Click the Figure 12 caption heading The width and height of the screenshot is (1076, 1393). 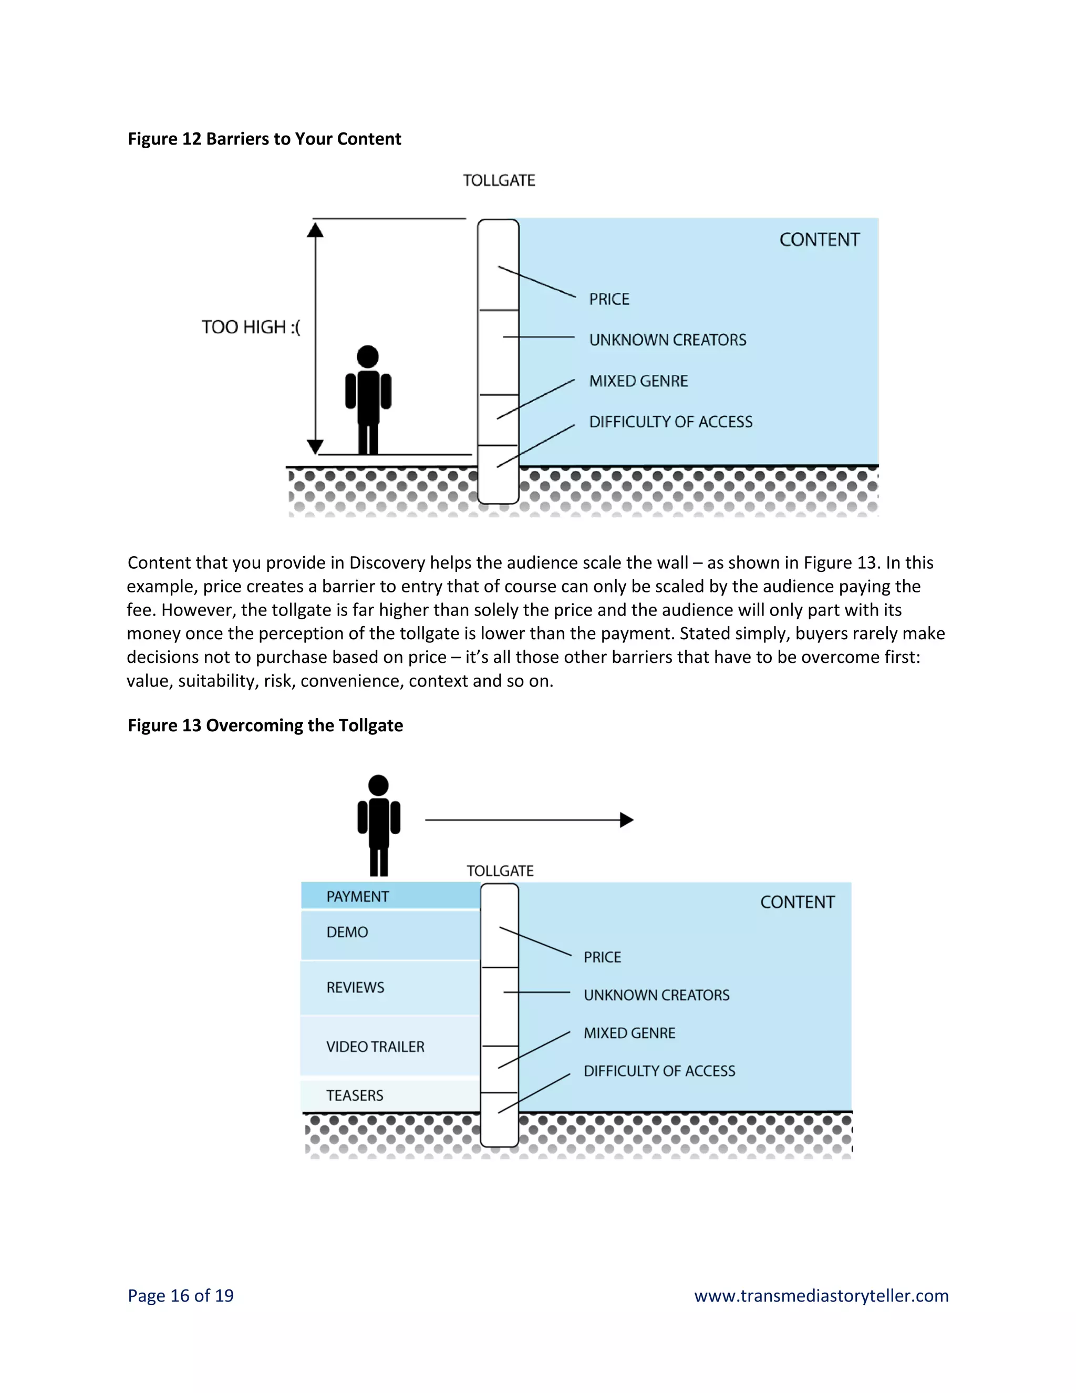coord(265,139)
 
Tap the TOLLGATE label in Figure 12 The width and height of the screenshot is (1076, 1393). coord(499,180)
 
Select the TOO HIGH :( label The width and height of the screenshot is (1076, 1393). coord(251,327)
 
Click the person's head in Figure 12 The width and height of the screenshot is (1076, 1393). coord(368,356)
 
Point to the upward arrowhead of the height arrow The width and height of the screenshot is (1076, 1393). coord(315,230)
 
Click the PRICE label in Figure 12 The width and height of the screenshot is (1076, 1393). coord(609,299)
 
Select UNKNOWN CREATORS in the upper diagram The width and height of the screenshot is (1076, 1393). coord(667,340)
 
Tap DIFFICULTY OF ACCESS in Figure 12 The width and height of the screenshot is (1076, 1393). coord(670,422)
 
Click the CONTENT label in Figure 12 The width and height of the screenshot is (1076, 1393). coord(819,240)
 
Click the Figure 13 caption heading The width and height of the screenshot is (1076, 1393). coord(265,725)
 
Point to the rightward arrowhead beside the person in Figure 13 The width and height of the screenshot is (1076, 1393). coord(627,820)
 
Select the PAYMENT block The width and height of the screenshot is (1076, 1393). coord(390,896)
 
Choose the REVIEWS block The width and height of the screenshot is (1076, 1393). coord(390,987)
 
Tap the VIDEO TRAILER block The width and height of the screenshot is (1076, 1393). coord(390,1047)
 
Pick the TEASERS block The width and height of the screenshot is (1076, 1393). coord(390,1095)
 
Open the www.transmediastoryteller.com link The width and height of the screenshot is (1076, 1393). coord(821,1295)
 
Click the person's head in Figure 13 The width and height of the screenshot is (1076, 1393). coord(379,785)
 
